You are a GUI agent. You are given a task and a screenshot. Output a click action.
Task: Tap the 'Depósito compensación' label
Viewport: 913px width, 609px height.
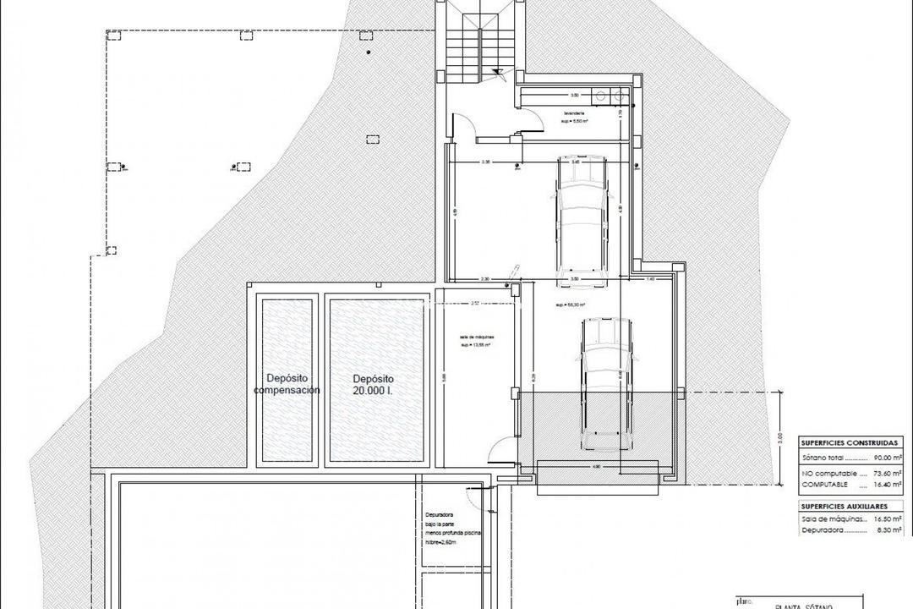(x=287, y=385)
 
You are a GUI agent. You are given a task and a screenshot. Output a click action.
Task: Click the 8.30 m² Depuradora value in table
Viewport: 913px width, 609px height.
(x=888, y=531)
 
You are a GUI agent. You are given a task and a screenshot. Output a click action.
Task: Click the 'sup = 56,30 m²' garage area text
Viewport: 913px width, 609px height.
(x=571, y=304)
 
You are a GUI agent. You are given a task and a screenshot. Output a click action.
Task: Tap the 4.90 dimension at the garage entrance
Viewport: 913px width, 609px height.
(x=596, y=465)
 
